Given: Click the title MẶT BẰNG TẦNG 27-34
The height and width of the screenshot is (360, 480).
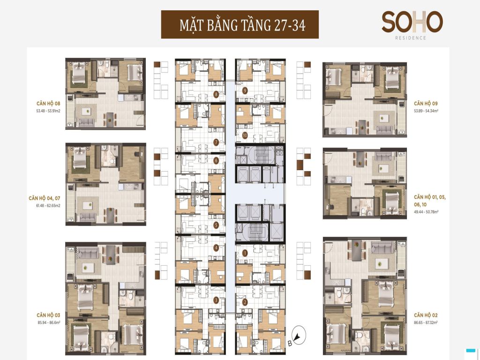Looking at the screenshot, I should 240,25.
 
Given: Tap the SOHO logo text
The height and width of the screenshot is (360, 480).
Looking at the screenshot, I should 412,22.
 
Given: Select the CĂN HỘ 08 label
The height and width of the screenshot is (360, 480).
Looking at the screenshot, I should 48,103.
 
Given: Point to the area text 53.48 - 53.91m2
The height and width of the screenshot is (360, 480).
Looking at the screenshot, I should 48,112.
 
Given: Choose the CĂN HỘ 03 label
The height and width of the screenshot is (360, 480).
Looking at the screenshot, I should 48,315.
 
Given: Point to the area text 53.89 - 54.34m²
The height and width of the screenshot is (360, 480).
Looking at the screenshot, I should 428,111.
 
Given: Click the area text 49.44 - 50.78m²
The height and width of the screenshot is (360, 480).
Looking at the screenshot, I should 428,212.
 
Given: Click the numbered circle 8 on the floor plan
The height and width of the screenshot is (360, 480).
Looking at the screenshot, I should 216,94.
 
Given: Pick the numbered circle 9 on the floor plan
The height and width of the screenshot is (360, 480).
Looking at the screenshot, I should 245,90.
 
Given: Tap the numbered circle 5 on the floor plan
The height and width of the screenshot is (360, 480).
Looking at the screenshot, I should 216,225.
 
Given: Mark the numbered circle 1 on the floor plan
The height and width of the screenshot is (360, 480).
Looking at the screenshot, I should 245,253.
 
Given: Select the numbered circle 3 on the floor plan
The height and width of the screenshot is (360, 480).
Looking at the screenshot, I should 216,300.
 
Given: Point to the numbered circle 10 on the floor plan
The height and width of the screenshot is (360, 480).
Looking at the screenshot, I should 245,136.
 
